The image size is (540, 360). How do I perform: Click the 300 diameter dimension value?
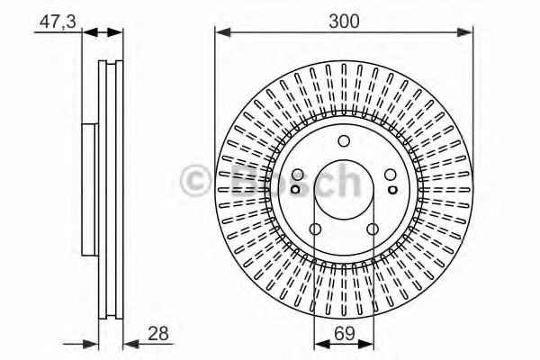[x=344, y=21]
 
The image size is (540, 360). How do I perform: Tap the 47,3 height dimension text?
[x=58, y=22]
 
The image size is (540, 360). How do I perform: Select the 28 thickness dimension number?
[x=158, y=334]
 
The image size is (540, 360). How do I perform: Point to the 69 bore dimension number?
[x=344, y=334]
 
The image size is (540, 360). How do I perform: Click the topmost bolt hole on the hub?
[x=344, y=141]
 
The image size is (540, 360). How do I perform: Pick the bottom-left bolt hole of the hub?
[x=315, y=229]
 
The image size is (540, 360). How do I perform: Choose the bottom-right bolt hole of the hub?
[x=373, y=229]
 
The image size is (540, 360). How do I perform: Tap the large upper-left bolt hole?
[x=297, y=175]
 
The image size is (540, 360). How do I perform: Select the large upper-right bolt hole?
[x=391, y=175]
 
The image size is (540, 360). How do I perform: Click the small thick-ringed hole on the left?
[x=295, y=189]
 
